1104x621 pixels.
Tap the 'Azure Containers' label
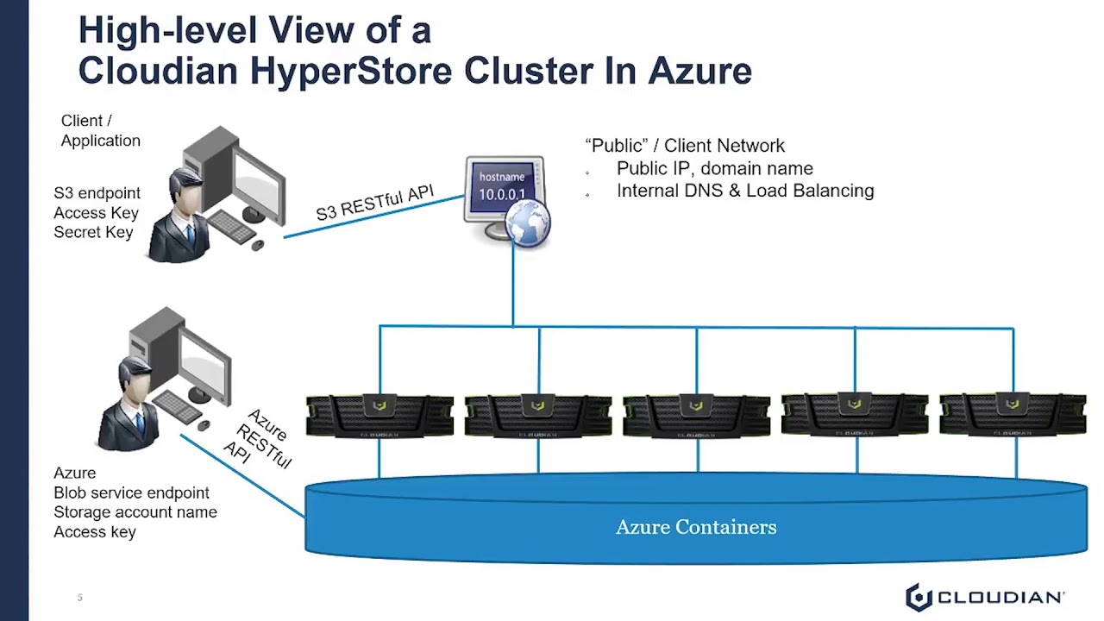pyautogui.click(x=696, y=527)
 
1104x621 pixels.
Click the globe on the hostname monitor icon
pyautogui.click(x=527, y=223)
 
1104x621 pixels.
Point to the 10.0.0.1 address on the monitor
pyautogui.click(x=502, y=195)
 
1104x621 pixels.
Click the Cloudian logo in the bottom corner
pyautogui.click(x=984, y=597)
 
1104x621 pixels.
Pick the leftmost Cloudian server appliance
pyautogui.click(x=379, y=415)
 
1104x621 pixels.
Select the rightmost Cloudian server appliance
pyautogui.click(x=1013, y=415)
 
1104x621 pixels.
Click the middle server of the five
pyautogui.click(x=696, y=415)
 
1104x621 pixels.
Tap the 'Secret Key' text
pyautogui.click(x=93, y=232)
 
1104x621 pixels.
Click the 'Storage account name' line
pyautogui.click(x=135, y=512)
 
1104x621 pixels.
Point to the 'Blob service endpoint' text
pyautogui.click(x=131, y=492)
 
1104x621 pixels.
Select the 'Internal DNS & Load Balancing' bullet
pyautogui.click(x=744, y=191)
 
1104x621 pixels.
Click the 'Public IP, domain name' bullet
pyautogui.click(x=714, y=168)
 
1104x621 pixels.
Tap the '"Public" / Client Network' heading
pyautogui.click(x=685, y=146)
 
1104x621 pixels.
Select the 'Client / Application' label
pyautogui.click(x=99, y=130)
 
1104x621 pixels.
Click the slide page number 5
pyautogui.click(x=79, y=597)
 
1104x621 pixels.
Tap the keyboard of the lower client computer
pyautogui.click(x=176, y=405)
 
